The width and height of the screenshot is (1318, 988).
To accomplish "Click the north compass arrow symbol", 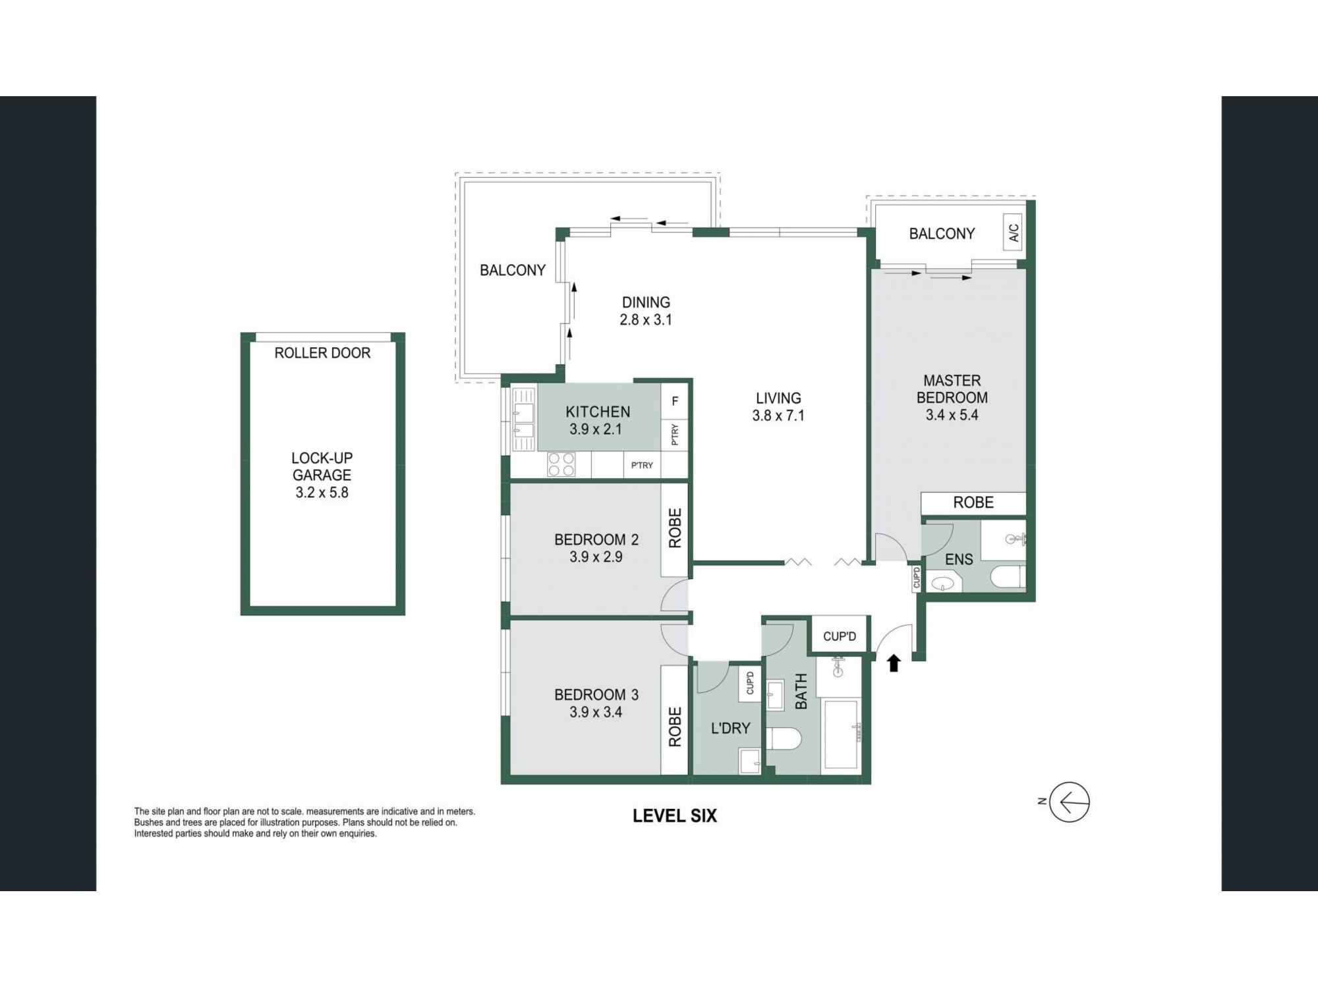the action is (x=1069, y=802).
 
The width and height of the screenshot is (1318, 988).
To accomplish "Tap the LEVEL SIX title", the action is (x=674, y=815).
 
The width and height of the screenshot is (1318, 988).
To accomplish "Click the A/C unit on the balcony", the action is (x=1014, y=233).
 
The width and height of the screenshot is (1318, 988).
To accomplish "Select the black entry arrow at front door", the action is (x=894, y=663).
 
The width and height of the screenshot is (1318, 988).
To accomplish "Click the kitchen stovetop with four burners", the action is (x=561, y=464).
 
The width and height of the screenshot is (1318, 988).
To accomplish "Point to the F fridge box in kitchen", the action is (x=674, y=401).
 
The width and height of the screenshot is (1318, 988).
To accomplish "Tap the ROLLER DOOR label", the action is (x=322, y=353).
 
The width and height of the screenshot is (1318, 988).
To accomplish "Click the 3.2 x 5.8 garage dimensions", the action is (x=322, y=492).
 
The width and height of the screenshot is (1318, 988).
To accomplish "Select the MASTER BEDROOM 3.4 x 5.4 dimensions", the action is (x=952, y=415).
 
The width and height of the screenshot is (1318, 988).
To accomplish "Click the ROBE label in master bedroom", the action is (x=973, y=503).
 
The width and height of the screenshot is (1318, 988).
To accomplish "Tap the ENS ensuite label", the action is (x=959, y=559).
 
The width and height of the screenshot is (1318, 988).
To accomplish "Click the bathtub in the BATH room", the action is (x=841, y=735).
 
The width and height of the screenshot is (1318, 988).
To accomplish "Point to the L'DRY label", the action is (x=730, y=728).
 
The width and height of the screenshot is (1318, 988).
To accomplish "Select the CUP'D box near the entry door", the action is (x=840, y=636).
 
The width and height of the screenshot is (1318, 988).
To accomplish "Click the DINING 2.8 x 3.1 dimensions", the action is (x=645, y=320).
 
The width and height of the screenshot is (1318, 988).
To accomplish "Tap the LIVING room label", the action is (x=778, y=398).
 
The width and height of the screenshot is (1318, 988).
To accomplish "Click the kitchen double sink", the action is (x=524, y=422).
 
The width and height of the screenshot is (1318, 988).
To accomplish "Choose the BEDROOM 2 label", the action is (x=596, y=539).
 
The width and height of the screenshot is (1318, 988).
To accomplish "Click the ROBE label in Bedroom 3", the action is (x=675, y=727).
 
